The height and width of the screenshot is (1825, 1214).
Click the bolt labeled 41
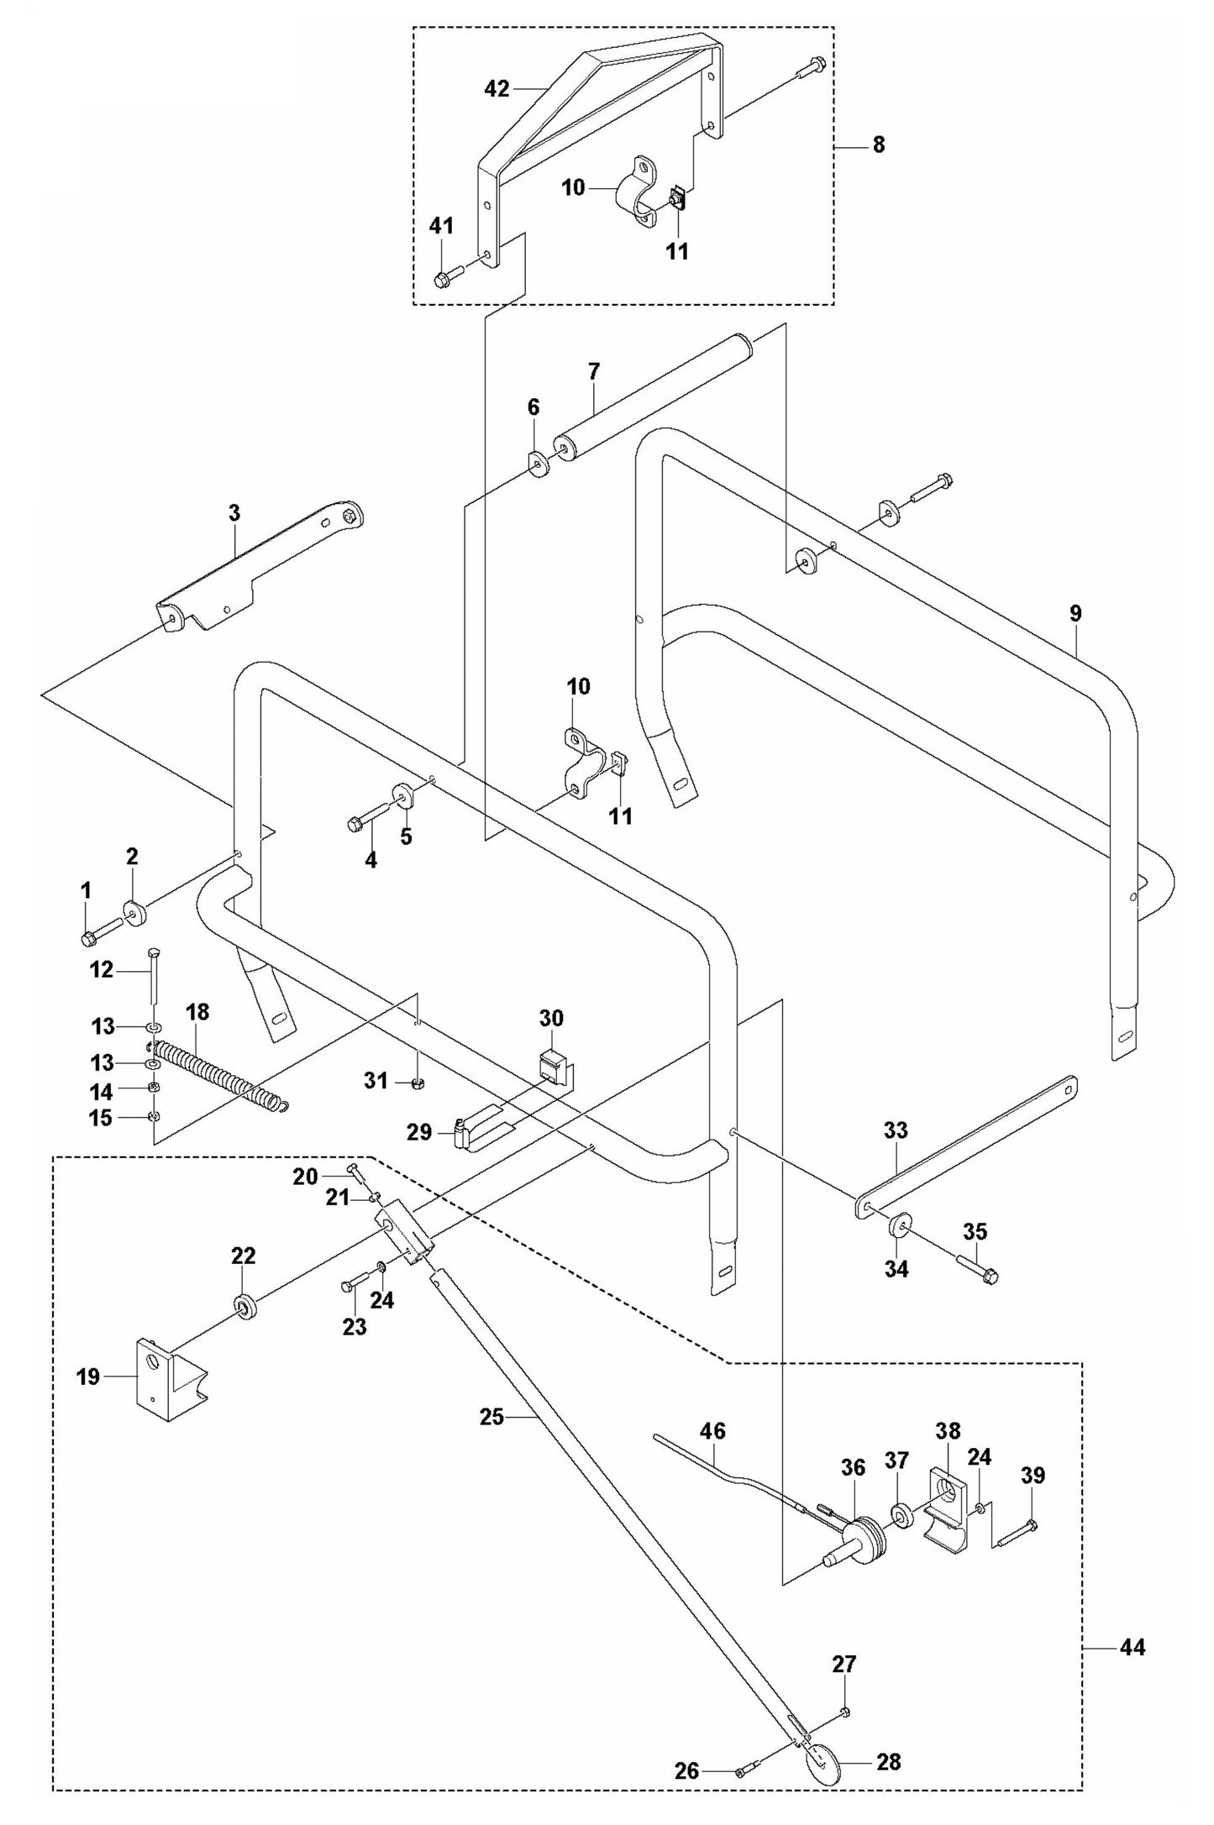449,277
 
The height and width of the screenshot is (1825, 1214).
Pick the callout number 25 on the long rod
491,1417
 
